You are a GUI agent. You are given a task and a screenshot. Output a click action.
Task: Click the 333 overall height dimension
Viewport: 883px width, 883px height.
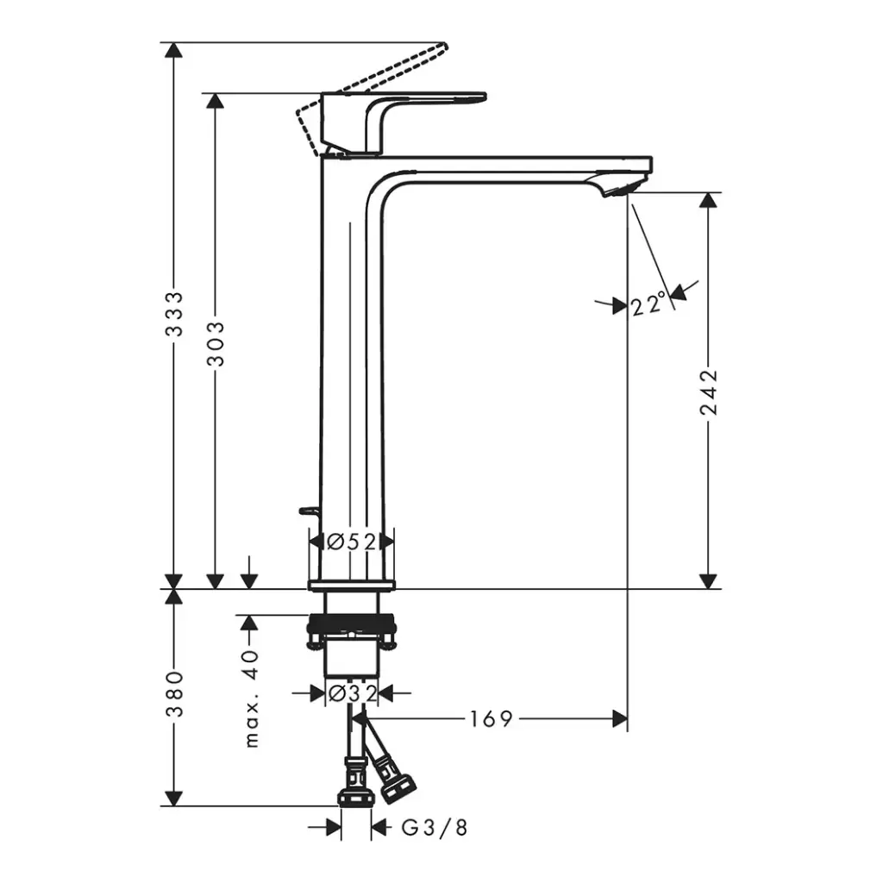(x=174, y=314)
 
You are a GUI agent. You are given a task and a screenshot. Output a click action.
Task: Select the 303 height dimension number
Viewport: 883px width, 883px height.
(x=215, y=343)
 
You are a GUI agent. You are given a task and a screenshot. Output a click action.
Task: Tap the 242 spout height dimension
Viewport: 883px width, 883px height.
(x=709, y=392)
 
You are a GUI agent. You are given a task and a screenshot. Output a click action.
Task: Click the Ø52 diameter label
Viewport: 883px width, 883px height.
(x=352, y=542)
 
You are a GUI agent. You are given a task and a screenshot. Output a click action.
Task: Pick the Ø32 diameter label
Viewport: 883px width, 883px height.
(x=352, y=693)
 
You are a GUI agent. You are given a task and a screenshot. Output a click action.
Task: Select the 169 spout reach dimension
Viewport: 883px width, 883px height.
(x=491, y=718)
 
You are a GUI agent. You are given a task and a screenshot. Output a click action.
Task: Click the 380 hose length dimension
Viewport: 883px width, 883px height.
(x=174, y=694)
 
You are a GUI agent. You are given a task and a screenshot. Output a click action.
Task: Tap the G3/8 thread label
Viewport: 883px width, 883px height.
(x=435, y=827)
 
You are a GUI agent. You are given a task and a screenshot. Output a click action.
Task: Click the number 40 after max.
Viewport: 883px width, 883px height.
(x=252, y=665)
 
